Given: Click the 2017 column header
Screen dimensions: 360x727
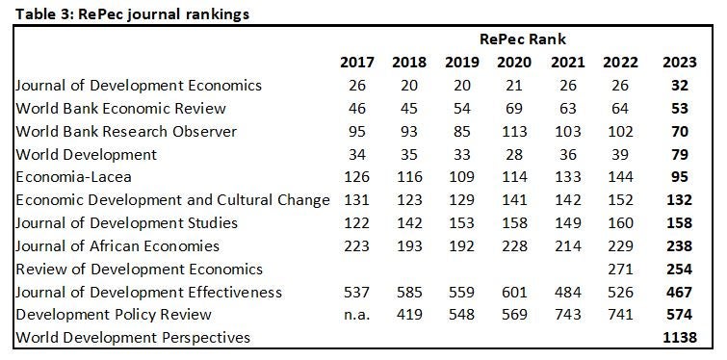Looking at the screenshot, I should click(x=357, y=63).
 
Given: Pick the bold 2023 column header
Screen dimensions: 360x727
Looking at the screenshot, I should click(x=680, y=63).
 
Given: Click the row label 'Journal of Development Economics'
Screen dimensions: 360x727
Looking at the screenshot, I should click(x=138, y=86).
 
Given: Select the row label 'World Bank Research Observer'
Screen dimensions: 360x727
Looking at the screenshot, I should click(x=125, y=131).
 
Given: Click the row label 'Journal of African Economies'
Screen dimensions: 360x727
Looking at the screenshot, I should click(x=117, y=245).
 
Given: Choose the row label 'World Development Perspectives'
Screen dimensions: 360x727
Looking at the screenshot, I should click(x=132, y=337).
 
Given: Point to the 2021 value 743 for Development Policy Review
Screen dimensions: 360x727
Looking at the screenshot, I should click(x=566, y=314).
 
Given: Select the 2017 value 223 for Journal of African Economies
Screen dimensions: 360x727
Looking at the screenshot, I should click(x=357, y=245).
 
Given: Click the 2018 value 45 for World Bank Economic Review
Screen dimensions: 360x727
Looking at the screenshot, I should click(x=409, y=109).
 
